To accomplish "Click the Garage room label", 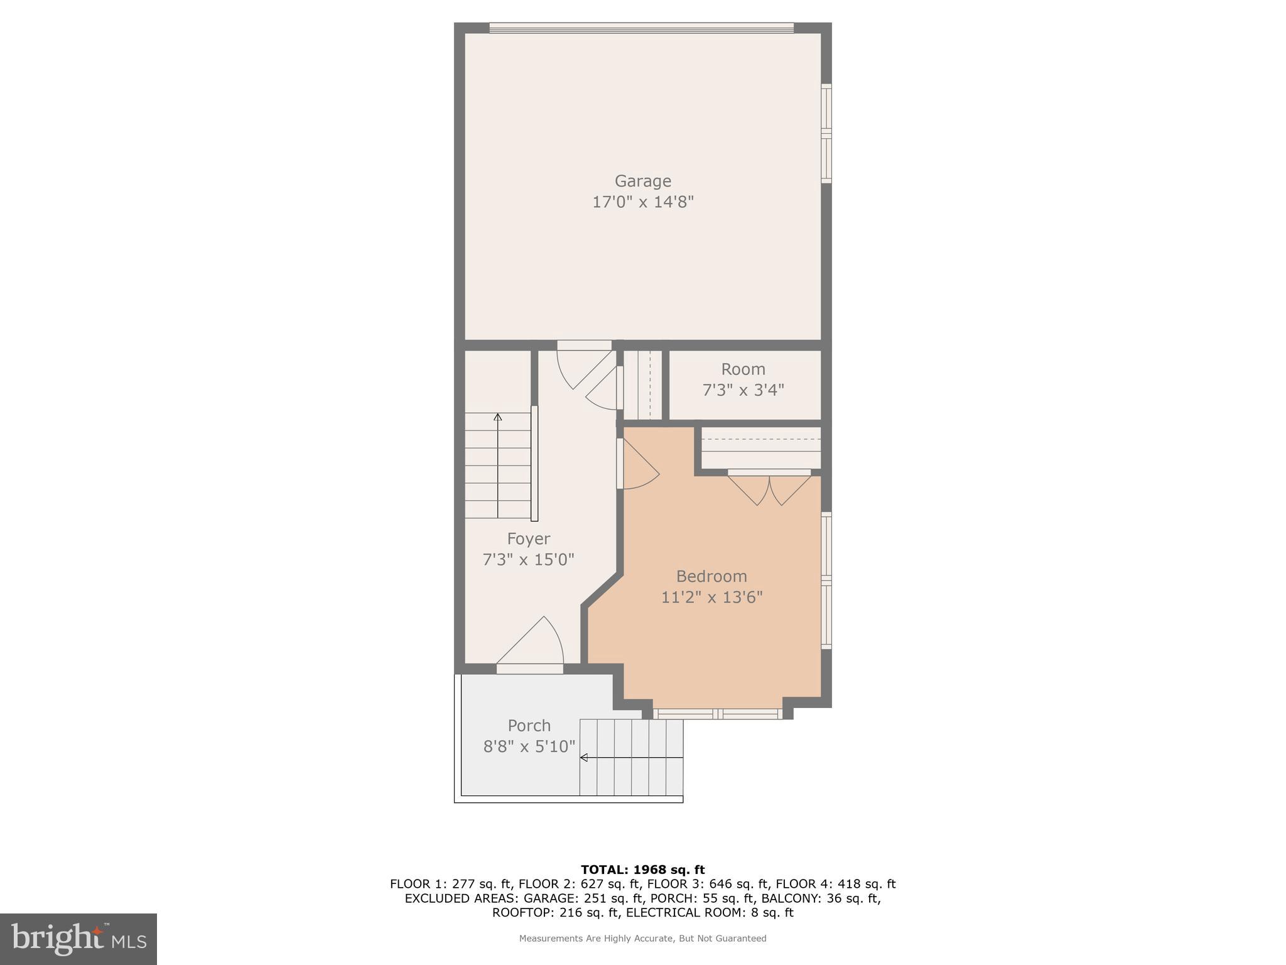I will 642,181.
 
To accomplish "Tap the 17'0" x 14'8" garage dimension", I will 642,202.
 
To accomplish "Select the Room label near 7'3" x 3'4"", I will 743,369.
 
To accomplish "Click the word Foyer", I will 528,539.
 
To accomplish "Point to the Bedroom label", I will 711,576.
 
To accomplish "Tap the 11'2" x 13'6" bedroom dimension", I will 711,597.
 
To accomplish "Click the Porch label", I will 529,726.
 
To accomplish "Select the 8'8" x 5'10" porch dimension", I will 529,746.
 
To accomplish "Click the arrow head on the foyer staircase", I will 498,417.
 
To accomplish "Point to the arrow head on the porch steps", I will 583,758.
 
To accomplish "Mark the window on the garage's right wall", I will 826,133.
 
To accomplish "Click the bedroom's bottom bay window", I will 718,714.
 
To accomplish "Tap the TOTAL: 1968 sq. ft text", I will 642,870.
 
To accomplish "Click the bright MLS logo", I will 78,939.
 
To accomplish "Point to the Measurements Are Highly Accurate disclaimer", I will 642,939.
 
